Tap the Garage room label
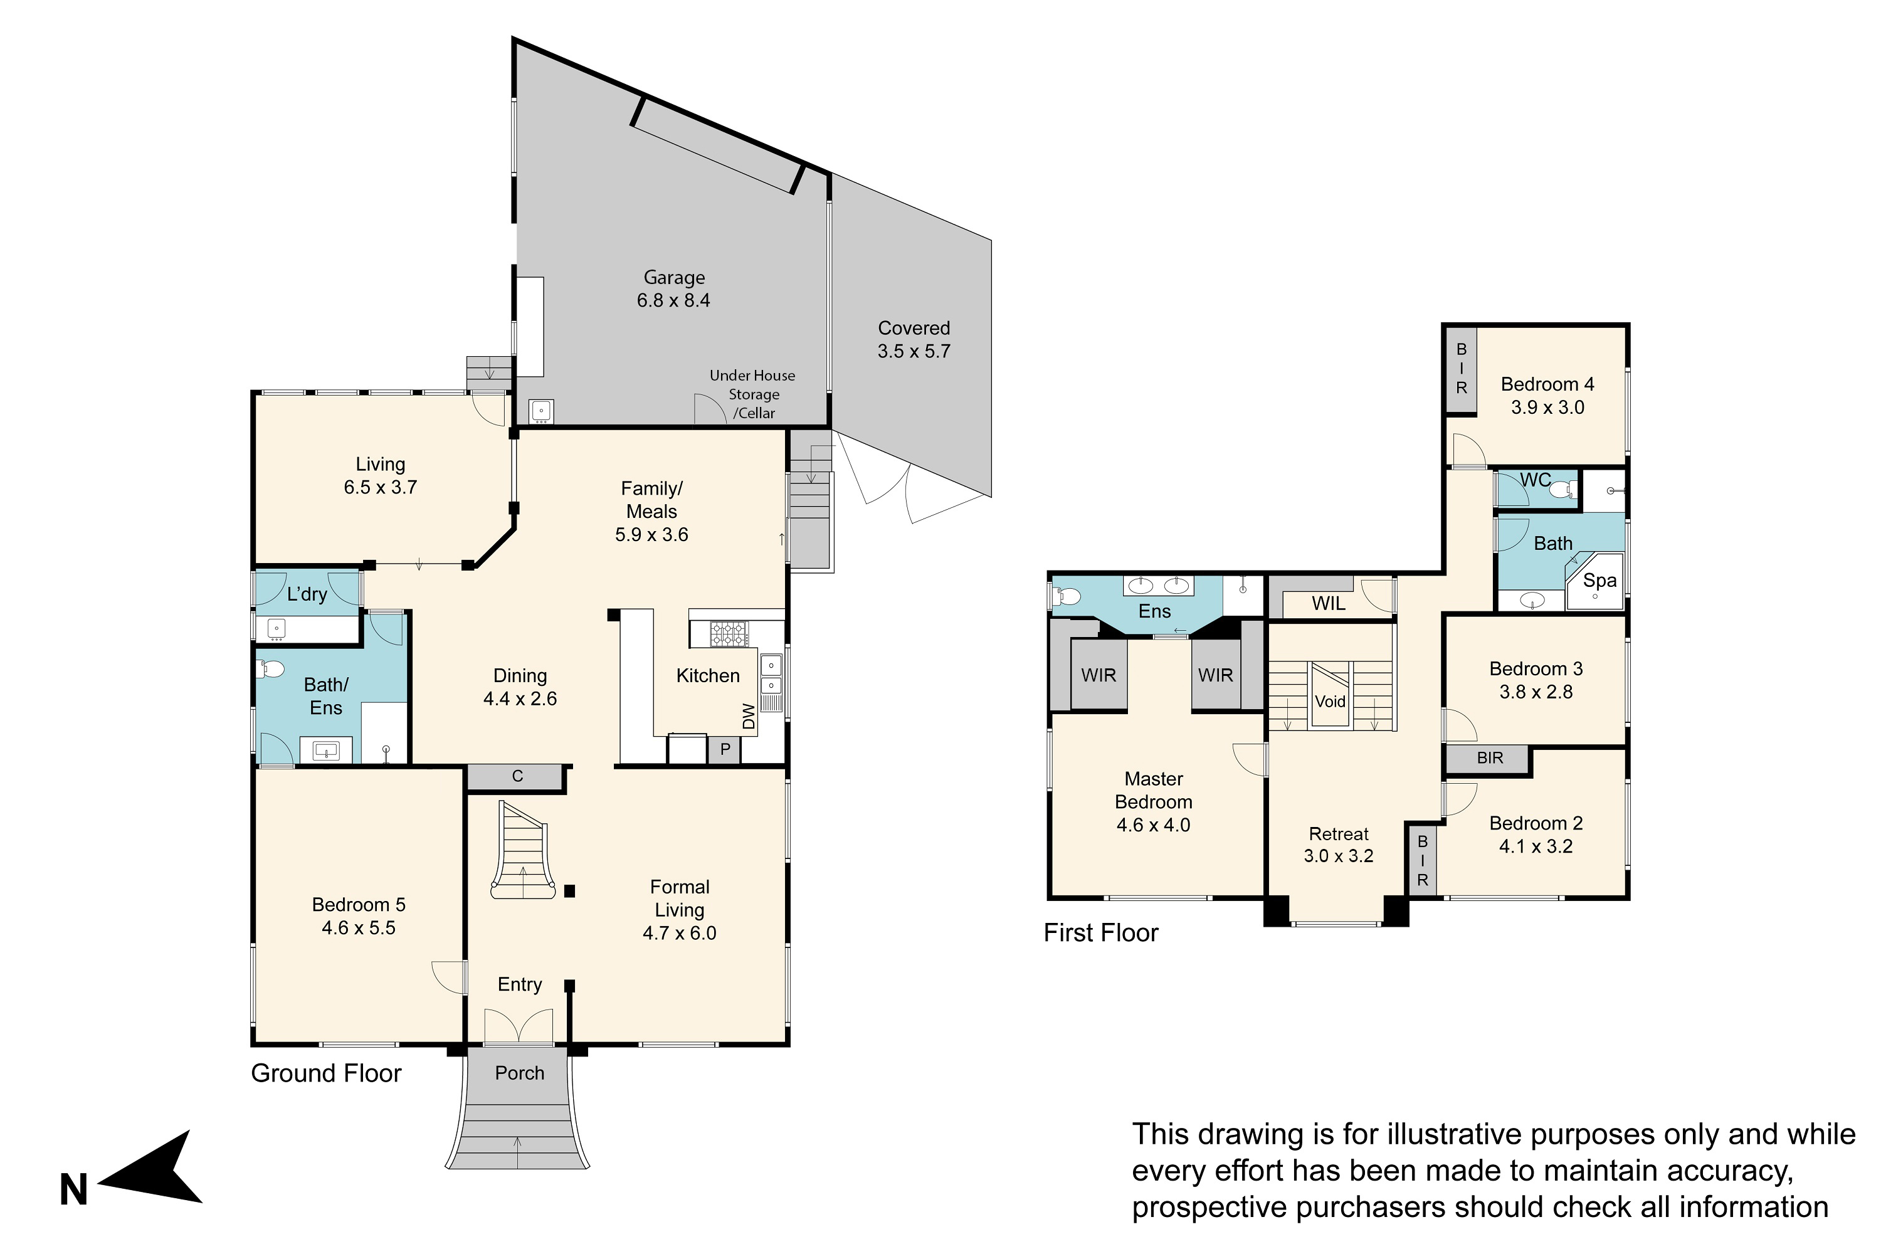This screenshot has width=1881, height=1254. click(674, 278)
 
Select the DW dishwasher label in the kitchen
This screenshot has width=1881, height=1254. click(749, 716)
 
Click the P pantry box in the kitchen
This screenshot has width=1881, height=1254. click(725, 750)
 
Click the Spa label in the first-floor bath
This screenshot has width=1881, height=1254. click(1599, 581)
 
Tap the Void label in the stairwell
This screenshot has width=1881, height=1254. click(1330, 702)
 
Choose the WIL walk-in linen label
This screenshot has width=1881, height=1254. click(1329, 604)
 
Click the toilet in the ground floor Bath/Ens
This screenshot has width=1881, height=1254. click(272, 668)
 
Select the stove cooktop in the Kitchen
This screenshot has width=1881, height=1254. click(729, 634)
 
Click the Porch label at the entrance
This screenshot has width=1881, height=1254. click(520, 1073)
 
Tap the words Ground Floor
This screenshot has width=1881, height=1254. click(326, 1073)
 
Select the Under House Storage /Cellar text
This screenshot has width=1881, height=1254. click(752, 394)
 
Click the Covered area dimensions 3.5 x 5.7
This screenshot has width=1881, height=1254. click(914, 351)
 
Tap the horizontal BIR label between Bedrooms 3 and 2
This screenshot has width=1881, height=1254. click(1490, 757)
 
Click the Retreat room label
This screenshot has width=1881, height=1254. click(1339, 834)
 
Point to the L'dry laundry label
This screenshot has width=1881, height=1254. click(307, 594)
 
